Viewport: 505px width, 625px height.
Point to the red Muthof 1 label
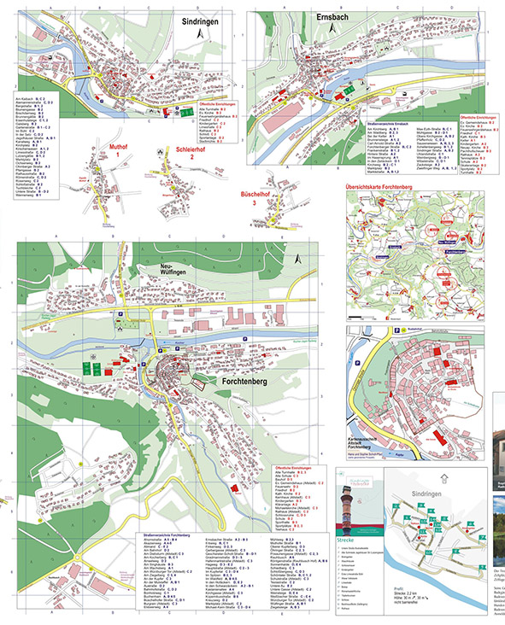119,151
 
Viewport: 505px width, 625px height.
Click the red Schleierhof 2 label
191,152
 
